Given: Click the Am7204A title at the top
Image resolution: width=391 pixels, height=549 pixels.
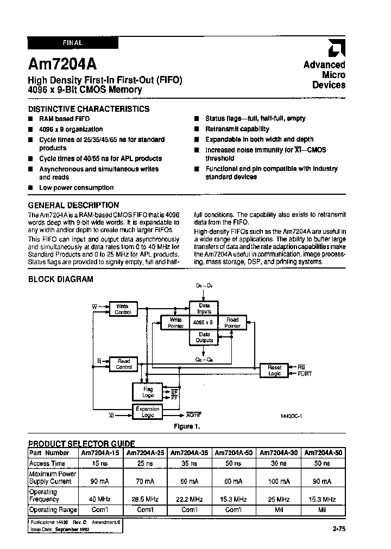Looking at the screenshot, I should pyautogui.click(x=62, y=65).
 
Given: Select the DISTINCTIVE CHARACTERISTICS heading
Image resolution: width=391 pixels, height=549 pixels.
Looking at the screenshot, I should pyautogui.click(x=89, y=108).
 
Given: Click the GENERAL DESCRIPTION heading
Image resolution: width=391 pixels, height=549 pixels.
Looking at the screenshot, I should pyautogui.click(x=73, y=205).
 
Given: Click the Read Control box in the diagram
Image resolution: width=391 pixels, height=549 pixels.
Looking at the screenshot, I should pyautogui.click(x=124, y=364).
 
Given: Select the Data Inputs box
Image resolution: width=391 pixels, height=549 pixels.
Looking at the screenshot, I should pyautogui.click(x=204, y=308).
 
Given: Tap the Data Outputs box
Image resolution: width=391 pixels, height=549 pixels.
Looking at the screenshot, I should pyautogui.click(x=204, y=337).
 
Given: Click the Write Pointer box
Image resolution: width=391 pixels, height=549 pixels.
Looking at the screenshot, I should pyautogui.click(x=176, y=323).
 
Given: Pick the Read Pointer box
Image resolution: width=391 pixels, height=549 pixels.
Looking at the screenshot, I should pyautogui.click(x=232, y=323).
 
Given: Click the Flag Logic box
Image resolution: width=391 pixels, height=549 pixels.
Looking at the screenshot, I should pyautogui.click(x=148, y=392).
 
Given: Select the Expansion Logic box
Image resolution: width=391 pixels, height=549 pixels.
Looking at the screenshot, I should pyautogui.click(x=148, y=412).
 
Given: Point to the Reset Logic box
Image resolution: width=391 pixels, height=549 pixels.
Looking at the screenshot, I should pyautogui.click(x=274, y=371).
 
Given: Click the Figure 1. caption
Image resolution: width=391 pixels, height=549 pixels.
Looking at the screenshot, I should pyautogui.click(x=187, y=426).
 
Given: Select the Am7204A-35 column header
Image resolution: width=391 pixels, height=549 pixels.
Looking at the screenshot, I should pyautogui.click(x=190, y=452).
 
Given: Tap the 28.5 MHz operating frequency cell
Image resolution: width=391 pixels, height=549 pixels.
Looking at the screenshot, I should pyautogui.click(x=146, y=499).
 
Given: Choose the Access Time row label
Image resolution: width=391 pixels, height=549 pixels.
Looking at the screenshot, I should pyautogui.click(x=47, y=463).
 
